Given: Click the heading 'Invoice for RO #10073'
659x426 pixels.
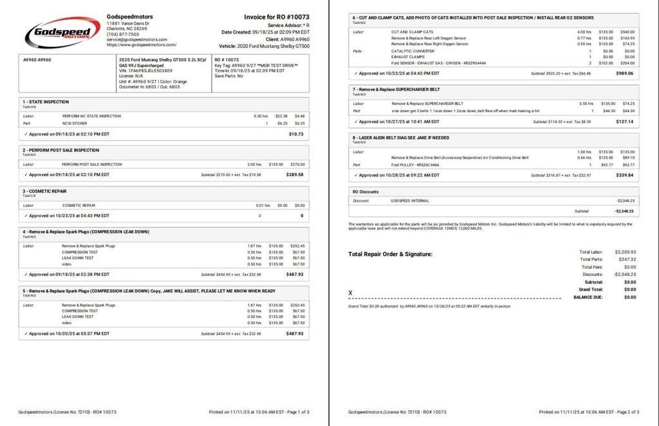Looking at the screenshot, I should coord(276,17).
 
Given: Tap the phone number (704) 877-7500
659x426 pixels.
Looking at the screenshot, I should coord(123,34).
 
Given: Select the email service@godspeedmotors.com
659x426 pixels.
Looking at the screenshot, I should coord(137,40).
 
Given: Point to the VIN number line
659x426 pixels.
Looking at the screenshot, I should coord(146,71).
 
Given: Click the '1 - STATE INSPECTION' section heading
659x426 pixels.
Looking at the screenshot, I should coord(46,102).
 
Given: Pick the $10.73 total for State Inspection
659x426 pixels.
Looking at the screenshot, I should coord(296,134).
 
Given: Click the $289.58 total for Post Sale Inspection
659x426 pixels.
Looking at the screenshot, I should coord(295,175).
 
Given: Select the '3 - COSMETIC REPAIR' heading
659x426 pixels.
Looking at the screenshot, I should coord(44,191).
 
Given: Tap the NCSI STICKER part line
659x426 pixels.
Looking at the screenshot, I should coord(75,123).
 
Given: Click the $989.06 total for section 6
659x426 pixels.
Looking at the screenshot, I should coord(624,73).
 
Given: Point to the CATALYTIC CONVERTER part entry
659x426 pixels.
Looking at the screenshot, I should coord(413,51).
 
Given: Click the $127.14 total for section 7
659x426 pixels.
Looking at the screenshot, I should coord(624,121).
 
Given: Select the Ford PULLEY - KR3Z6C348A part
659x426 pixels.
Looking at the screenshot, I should coord(414,164).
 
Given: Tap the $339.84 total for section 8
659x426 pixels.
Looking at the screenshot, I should coord(624,175).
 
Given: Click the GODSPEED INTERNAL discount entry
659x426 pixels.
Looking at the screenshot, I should coord(409,201).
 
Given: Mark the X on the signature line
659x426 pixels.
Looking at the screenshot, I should coord(350,293).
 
